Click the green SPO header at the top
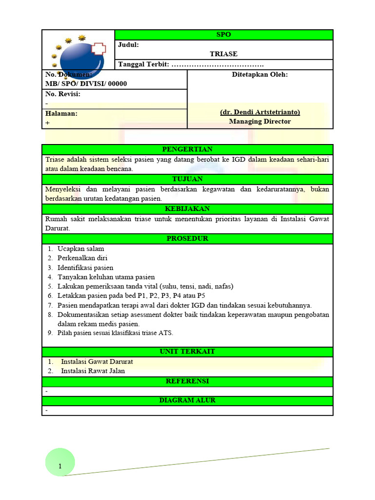(224, 35)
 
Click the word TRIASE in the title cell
(224, 54)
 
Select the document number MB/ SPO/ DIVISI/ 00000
(86, 83)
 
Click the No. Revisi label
(63, 94)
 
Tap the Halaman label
(62, 113)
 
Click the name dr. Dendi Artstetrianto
(260, 112)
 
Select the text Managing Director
(260, 122)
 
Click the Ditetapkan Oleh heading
(260, 75)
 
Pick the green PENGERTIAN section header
(187, 149)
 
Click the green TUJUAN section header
(187, 179)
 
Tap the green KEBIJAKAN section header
(187, 209)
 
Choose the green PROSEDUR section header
(187, 239)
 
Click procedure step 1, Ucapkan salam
(81, 249)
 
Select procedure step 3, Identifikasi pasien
(85, 268)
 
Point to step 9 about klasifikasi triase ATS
(115, 333)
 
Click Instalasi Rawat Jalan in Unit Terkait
(93, 371)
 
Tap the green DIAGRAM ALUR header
(187, 400)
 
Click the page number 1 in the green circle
(60, 466)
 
